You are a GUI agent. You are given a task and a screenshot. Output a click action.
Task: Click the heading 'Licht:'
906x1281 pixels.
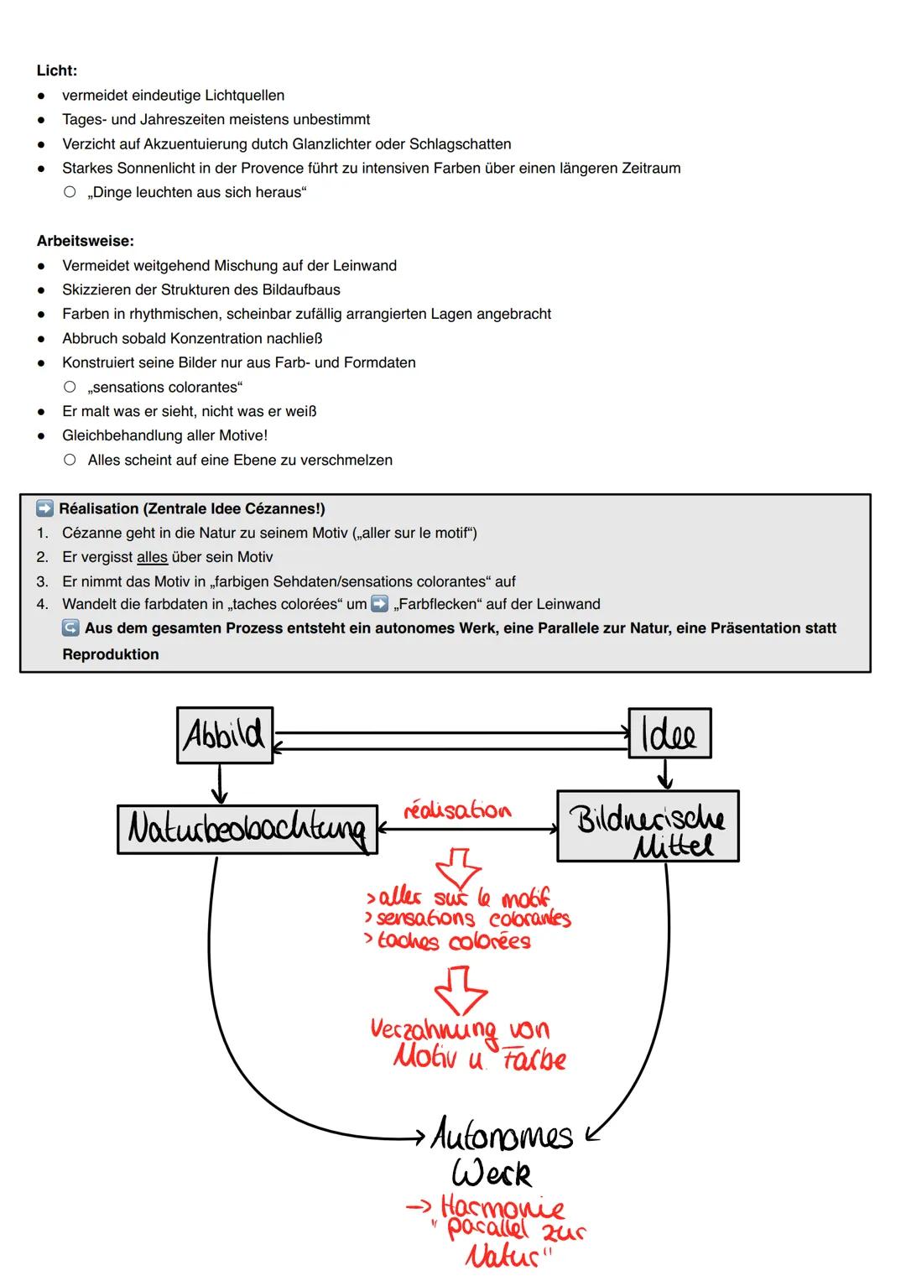point(57,70)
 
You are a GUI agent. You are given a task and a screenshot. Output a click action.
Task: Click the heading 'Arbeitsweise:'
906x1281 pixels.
point(85,241)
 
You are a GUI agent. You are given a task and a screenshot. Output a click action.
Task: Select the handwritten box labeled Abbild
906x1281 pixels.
point(225,735)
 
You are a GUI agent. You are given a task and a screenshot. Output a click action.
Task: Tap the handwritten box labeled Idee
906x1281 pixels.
point(669,734)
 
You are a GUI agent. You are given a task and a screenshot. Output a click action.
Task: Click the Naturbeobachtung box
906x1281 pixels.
point(247,830)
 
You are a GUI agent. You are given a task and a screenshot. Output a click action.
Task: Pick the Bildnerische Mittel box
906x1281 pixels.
point(648,827)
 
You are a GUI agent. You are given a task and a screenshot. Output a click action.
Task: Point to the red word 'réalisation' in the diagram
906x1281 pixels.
point(457,810)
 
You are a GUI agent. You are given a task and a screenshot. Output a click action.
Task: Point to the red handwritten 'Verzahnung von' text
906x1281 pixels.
point(460,1029)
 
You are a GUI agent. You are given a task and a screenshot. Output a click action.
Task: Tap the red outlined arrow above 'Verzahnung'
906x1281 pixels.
point(461,988)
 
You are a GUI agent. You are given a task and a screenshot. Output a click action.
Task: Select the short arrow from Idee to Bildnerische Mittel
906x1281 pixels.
point(665,773)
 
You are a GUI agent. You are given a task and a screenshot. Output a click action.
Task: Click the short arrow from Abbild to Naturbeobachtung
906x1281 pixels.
point(219,784)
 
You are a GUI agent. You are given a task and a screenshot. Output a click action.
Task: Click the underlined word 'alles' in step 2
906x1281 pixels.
point(152,557)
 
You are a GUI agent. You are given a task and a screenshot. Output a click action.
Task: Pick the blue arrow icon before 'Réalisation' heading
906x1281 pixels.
point(44,508)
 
